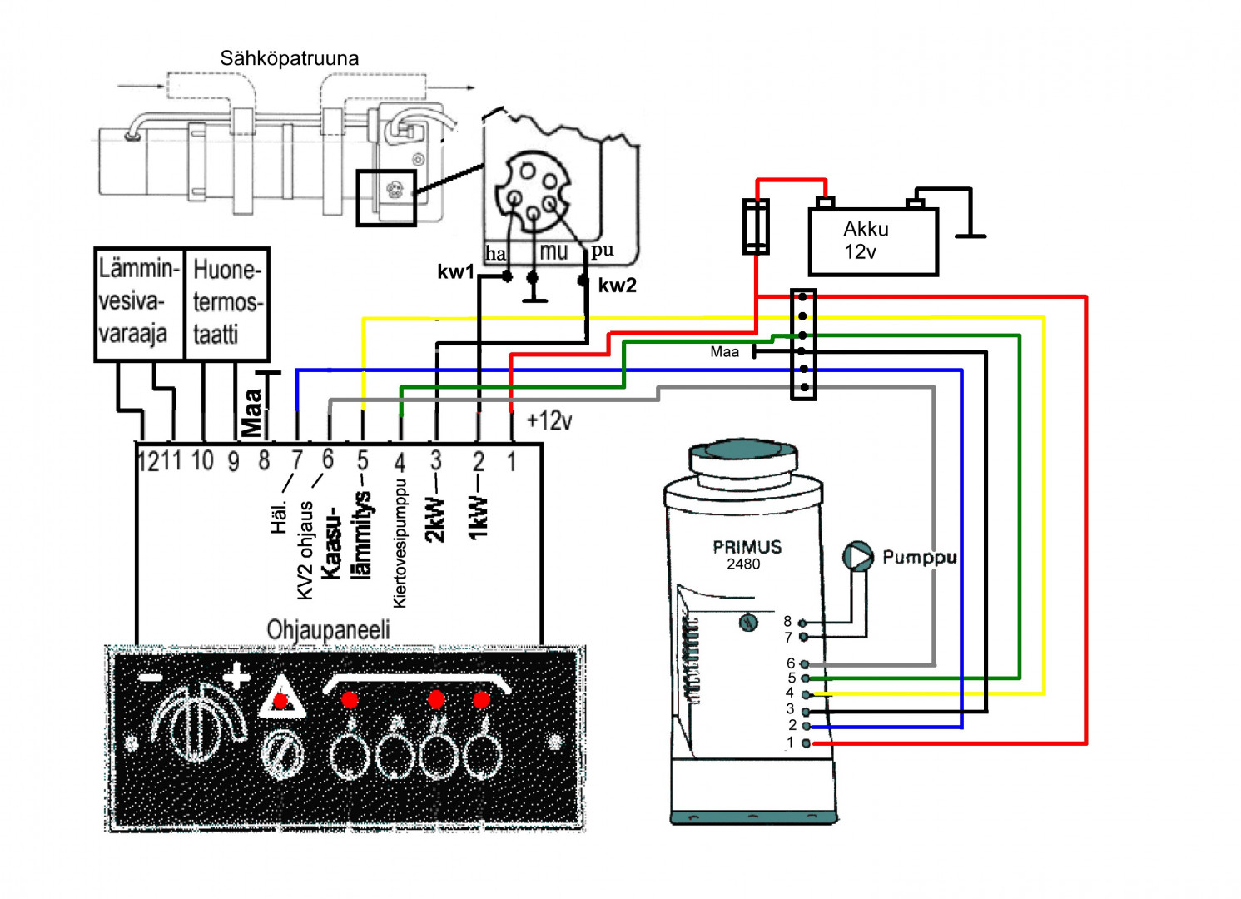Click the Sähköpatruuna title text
(289, 58)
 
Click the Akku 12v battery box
(873, 241)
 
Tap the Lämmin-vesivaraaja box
(139, 303)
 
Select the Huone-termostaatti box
(226, 303)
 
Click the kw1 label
(455, 272)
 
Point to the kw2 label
(617, 286)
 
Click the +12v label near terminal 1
(549, 420)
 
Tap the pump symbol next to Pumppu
(858, 556)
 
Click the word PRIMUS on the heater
(747, 547)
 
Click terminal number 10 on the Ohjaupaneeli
(202, 460)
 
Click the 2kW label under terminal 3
(435, 519)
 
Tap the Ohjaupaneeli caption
(328, 630)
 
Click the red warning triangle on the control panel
(281, 699)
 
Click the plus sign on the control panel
(236, 677)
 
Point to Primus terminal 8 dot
(803, 623)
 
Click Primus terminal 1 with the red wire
(806, 743)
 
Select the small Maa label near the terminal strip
(724, 352)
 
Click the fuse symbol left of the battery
(756, 226)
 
